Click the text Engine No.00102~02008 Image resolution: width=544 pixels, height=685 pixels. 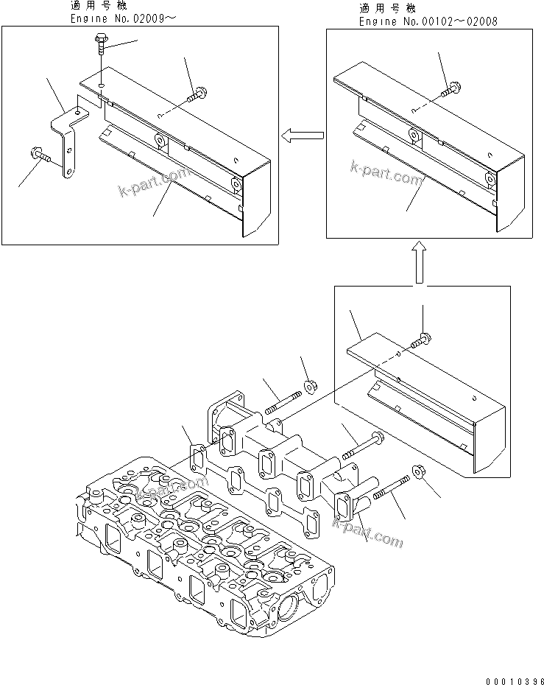[x=428, y=21]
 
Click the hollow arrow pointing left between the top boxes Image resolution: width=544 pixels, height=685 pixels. [x=303, y=134]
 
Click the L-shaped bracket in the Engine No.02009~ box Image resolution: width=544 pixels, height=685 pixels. [x=69, y=140]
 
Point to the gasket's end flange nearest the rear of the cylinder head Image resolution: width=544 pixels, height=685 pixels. [x=197, y=456]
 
